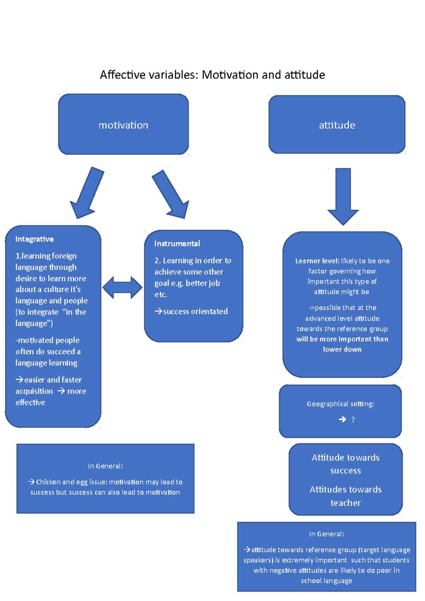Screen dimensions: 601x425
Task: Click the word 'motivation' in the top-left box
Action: tap(123, 125)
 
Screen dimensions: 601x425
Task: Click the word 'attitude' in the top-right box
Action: tap(337, 125)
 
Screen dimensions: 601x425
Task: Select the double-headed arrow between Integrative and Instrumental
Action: tap(123, 287)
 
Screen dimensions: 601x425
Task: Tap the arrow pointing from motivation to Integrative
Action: tap(87, 193)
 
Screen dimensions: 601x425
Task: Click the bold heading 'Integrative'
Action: tap(34, 239)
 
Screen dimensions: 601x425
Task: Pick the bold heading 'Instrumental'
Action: tap(177, 244)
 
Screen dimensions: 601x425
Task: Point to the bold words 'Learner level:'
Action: tap(317, 261)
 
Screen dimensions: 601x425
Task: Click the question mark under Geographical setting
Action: tap(353, 420)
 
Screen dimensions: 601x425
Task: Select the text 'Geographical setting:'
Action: tap(340, 404)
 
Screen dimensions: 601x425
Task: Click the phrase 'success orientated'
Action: tap(195, 311)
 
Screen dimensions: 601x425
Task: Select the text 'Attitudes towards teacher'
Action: tap(345, 496)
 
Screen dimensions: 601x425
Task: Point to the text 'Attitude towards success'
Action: tap(345, 464)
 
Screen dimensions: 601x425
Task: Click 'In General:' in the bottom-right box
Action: tap(326, 534)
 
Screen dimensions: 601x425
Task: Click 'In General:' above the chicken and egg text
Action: tap(105, 466)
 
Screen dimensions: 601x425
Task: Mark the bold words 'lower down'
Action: tap(342, 349)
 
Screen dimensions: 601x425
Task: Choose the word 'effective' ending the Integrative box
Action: tap(30, 402)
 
